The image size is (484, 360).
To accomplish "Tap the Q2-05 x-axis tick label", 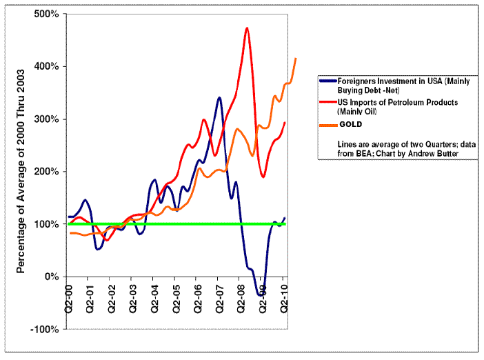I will pyautogui.click(x=177, y=299).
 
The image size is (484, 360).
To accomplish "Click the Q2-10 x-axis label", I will pyautogui.click(x=285, y=299).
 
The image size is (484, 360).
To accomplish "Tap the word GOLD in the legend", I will pyautogui.click(x=350, y=125).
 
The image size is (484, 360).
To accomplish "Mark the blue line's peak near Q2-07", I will pyautogui.click(x=219, y=98).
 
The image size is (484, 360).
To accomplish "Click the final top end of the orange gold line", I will pyautogui.click(x=296, y=59).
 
